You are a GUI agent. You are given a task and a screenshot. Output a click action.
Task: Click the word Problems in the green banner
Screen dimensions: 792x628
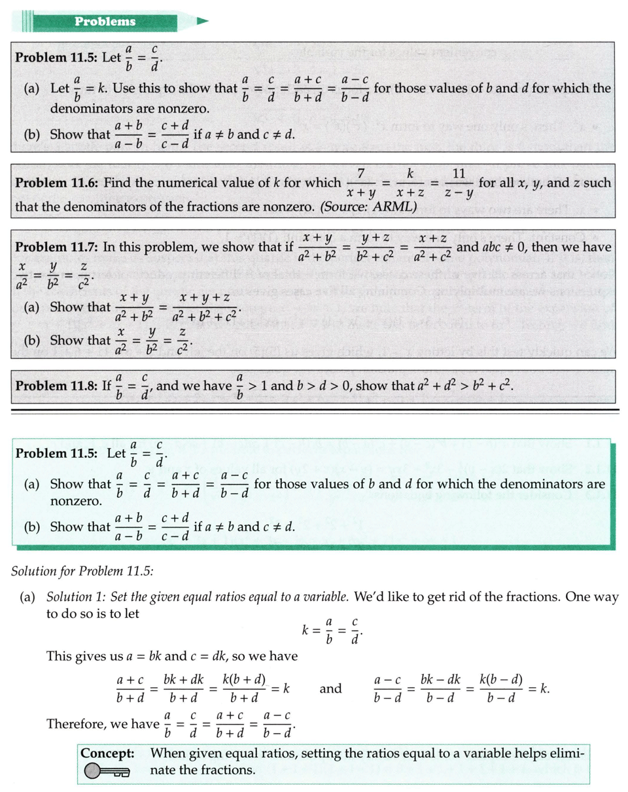click(x=105, y=22)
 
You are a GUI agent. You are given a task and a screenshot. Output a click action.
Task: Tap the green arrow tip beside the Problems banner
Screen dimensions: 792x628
click(x=201, y=22)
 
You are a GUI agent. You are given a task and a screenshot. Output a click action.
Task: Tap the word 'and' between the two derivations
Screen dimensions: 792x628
click(x=331, y=689)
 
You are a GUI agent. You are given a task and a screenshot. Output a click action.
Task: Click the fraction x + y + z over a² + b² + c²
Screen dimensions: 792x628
click(x=202, y=307)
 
